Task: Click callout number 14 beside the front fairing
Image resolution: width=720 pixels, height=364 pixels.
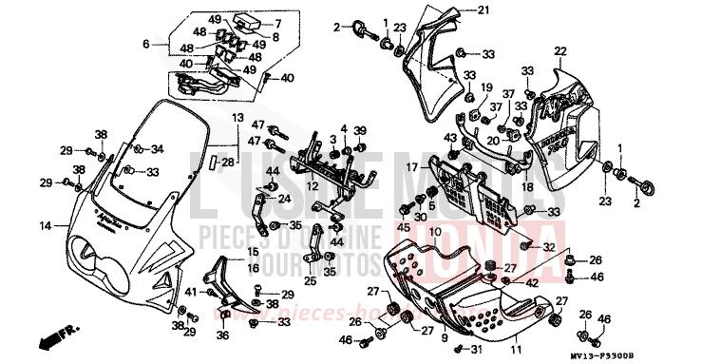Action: pos(44,225)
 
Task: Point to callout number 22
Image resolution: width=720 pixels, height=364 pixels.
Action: pos(560,50)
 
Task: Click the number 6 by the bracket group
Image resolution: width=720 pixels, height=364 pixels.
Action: pos(146,44)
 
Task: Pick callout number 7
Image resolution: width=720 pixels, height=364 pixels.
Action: pos(279,23)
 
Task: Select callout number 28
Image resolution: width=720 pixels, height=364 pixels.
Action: pos(226,163)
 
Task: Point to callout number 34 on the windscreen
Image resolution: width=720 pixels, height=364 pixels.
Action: pos(158,149)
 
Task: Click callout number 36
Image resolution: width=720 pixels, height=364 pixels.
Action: pos(223,335)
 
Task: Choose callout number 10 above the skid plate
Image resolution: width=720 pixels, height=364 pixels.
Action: pos(434,232)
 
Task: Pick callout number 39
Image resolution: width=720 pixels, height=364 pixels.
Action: pos(360,130)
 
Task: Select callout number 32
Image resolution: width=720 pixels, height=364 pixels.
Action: pos(549,246)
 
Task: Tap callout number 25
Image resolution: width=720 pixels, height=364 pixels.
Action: pos(310,281)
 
